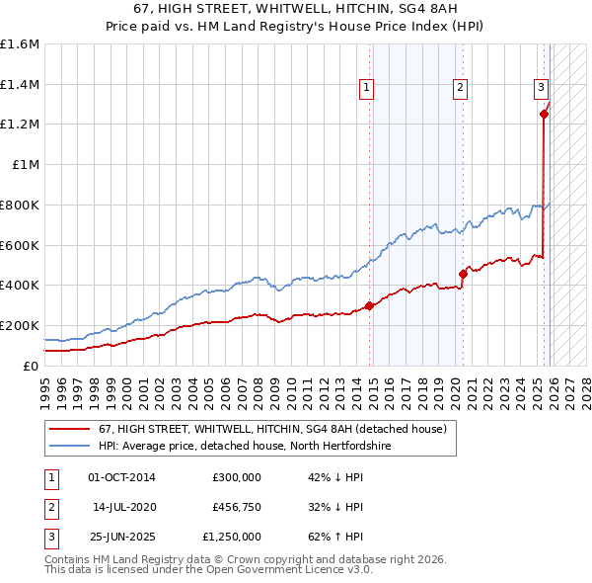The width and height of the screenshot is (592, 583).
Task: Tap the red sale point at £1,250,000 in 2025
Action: tap(544, 115)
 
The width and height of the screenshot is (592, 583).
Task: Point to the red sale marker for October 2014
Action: tap(370, 305)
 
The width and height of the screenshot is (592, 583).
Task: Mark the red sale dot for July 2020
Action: tap(463, 274)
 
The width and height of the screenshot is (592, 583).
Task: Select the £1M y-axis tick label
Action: tap(26, 165)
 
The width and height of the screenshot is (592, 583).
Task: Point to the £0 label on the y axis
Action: tap(32, 366)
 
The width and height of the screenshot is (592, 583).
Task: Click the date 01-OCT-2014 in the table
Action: tap(121, 477)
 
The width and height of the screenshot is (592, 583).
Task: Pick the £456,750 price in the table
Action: tap(237, 507)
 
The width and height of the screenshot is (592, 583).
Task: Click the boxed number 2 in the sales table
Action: tap(49, 507)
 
